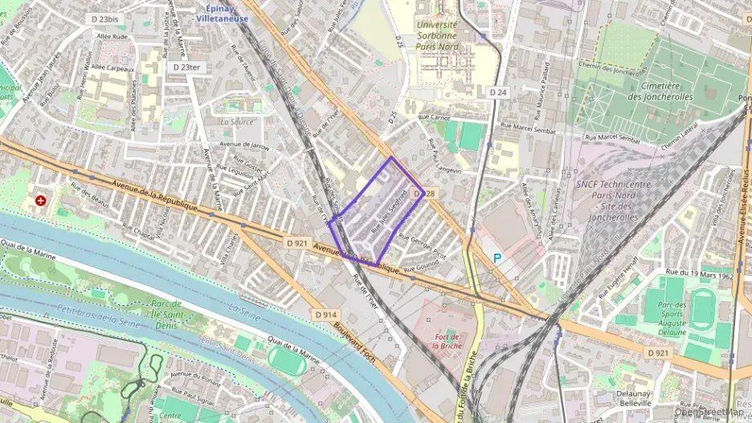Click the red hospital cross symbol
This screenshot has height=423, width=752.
tap(41, 199)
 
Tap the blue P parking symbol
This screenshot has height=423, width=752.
tap(497, 258)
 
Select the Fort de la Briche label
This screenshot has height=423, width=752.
tap(444, 341)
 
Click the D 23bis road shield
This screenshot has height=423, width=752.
tap(105, 18)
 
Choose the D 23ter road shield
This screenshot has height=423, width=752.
tap(186, 67)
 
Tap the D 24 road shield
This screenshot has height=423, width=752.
tap(498, 92)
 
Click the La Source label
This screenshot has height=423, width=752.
tap(238, 122)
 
